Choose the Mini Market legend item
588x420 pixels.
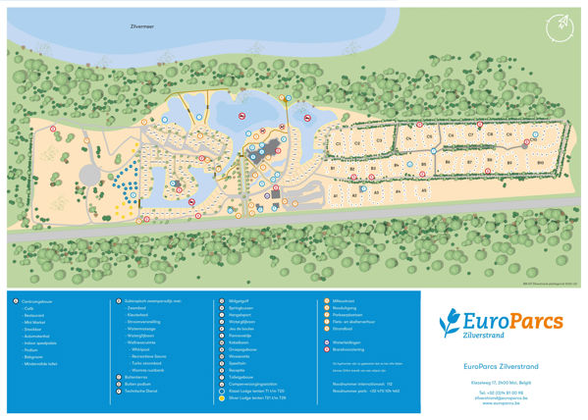click(36, 324)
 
